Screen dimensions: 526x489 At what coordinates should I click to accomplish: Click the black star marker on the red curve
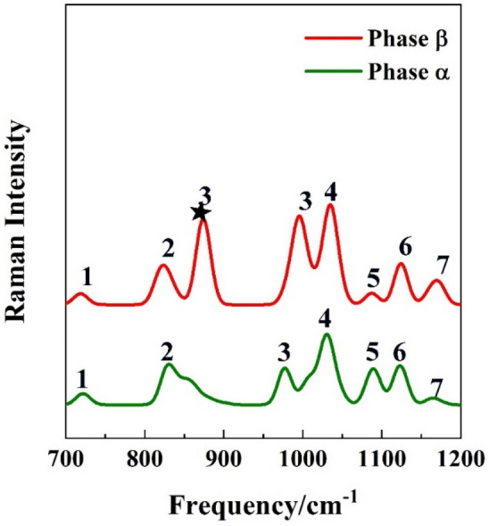tap(201, 212)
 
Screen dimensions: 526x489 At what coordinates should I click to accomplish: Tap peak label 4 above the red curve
tap(330, 191)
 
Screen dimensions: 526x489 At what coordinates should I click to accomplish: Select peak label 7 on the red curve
tap(443, 265)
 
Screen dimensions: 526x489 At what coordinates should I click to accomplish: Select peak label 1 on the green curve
tap(82, 378)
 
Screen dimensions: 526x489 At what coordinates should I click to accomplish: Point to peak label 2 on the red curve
tap(167, 248)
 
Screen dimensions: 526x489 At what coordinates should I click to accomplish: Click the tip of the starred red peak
tap(203, 219)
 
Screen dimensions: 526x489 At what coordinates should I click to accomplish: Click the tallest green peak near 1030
tap(327, 334)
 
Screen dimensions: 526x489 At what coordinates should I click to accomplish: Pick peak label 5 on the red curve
tap(373, 277)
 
